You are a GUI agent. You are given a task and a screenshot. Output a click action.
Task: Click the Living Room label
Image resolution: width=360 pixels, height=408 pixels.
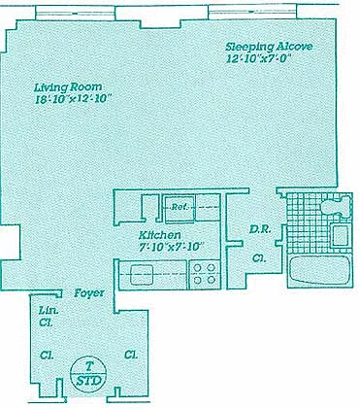(68, 87)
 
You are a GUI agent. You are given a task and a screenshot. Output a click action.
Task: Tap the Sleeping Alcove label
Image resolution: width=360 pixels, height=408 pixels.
(269, 47)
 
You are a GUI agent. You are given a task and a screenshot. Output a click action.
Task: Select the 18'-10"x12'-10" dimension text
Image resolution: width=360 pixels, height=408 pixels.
(74, 99)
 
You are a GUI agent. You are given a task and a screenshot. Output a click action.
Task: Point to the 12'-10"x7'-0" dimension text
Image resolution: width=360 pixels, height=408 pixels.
(259, 58)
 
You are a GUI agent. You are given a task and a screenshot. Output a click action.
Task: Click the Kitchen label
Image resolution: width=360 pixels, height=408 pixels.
(160, 235)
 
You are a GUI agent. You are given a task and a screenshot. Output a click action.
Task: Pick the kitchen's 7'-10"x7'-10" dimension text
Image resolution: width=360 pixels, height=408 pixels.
(171, 247)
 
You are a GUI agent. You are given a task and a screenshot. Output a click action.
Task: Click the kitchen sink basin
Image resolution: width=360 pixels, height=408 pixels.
(142, 274)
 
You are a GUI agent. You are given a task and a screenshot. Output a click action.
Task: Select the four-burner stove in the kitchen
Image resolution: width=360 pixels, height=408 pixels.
(204, 274)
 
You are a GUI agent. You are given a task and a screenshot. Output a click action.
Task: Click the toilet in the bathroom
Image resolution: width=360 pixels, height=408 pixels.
(336, 206)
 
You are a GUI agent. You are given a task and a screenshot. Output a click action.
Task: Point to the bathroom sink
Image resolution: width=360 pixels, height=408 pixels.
(341, 236)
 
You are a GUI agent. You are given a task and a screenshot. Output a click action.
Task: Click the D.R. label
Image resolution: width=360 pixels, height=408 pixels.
(260, 229)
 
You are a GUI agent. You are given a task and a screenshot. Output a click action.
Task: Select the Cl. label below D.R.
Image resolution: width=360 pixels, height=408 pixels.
(259, 258)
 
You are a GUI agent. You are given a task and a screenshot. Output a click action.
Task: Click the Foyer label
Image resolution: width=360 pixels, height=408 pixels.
(89, 293)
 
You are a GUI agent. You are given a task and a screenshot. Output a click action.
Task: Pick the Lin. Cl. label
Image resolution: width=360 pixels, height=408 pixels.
(49, 317)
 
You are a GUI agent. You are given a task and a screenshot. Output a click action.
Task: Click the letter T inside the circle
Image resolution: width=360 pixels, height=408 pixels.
(89, 366)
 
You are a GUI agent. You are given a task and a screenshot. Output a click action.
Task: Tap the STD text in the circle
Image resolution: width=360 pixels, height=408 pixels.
(89, 381)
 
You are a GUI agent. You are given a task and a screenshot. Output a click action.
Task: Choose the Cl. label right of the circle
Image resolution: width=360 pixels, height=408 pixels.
(131, 355)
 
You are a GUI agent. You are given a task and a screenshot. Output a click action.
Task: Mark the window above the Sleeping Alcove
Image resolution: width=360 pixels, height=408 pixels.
(252, 12)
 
